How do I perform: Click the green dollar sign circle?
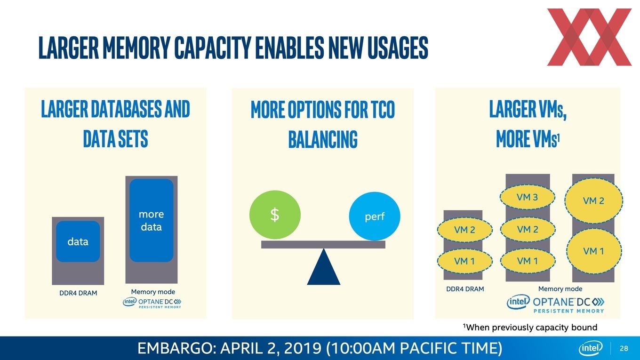pyautogui.click(x=275, y=215)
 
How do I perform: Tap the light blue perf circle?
pyautogui.click(x=375, y=216)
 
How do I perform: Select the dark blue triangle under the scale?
pyautogui.click(x=323, y=267)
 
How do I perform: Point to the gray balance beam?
pyautogui.click(x=323, y=245)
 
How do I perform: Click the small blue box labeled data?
pyautogui.click(x=78, y=241)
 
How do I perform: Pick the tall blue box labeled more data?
pyautogui.click(x=152, y=220)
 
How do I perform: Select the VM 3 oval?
pyautogui.click(x=528, y=197)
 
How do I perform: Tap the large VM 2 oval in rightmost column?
pyautogui.click(x=594, y=200)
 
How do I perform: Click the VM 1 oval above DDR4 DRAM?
pyautogui.click(x=464, y=261)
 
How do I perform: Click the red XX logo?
pyautogui.click(x=589, y=37)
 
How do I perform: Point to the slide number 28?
pyautogui.click(x=624, y=348)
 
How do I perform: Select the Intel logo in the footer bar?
pyautogui.click(x=591, y=348)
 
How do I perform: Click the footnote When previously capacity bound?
pyautogui.click(x=530, y=327)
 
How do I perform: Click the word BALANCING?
pyautogui.click(x=323, y=139)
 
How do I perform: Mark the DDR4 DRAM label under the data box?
pyautogui.click(x=78, y=293)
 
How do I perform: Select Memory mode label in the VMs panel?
pyautogui.click(x=560, y=289)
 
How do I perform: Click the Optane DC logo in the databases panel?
pyautogui.click(x=152, y=303)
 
